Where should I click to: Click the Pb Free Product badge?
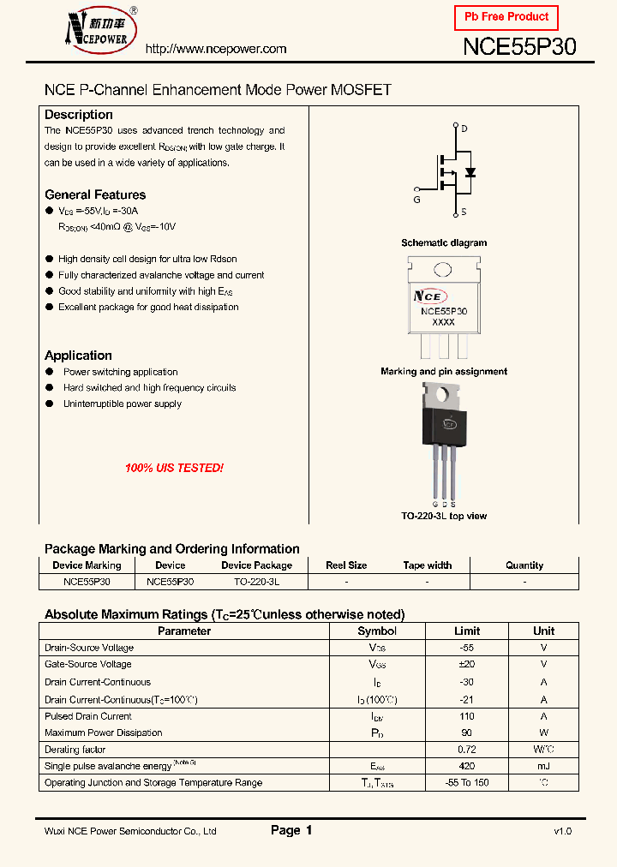pyautogui.click(x=506, y=17)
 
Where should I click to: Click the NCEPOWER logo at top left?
pyautogui.click(x=93, y=29)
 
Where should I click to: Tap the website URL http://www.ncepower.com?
pyautogui.click(x=216, y=49)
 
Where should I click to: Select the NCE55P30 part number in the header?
pyautogui.click(x=519, y=47)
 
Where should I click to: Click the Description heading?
pyautogui.click(x=79, y=115)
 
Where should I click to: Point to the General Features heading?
pyautogui.click(x=95, y=194)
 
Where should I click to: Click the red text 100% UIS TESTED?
pyautogui.click(x=174, y=469)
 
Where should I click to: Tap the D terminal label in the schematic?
pyautogui.click(x=464, y=129)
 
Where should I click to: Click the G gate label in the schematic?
pyautogui.click(x=416, y=200)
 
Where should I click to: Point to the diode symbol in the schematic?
pyautogui.click(x=470, y=172)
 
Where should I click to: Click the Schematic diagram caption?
pyautogui.click(x=444, y=243)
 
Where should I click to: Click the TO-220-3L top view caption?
pyautogui.click(x=444, y=516)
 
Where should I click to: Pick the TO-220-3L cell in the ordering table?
pyautogui.click(x=256, y=581)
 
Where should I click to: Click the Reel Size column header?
pyautogui.click(x=346, y=565)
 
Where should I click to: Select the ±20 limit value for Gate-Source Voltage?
pyautogui.click(x=467, y=664)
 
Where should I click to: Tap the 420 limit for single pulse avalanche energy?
pyautogui.click(x=467, y=766)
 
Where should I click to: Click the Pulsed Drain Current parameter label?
pyautogui.click(x=88, y=716)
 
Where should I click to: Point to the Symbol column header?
pyautogui.click(x=377, y=631)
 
